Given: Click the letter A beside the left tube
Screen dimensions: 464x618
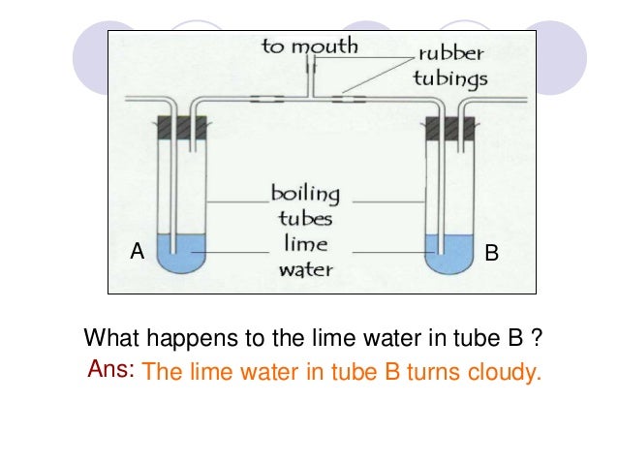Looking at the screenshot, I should (x=137, y=253).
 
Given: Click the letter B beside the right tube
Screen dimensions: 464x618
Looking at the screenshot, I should (x=491, y=254).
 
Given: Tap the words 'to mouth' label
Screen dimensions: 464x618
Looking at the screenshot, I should (x=311, y=46).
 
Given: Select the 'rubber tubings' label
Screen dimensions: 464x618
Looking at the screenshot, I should (x=450, y=66).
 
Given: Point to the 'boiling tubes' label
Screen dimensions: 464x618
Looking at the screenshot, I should (x=306, y=204).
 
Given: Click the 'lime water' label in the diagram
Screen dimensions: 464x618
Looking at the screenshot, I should (x=306, y=257).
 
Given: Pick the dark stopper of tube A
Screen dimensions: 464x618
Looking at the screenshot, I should (x=181, y=127).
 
